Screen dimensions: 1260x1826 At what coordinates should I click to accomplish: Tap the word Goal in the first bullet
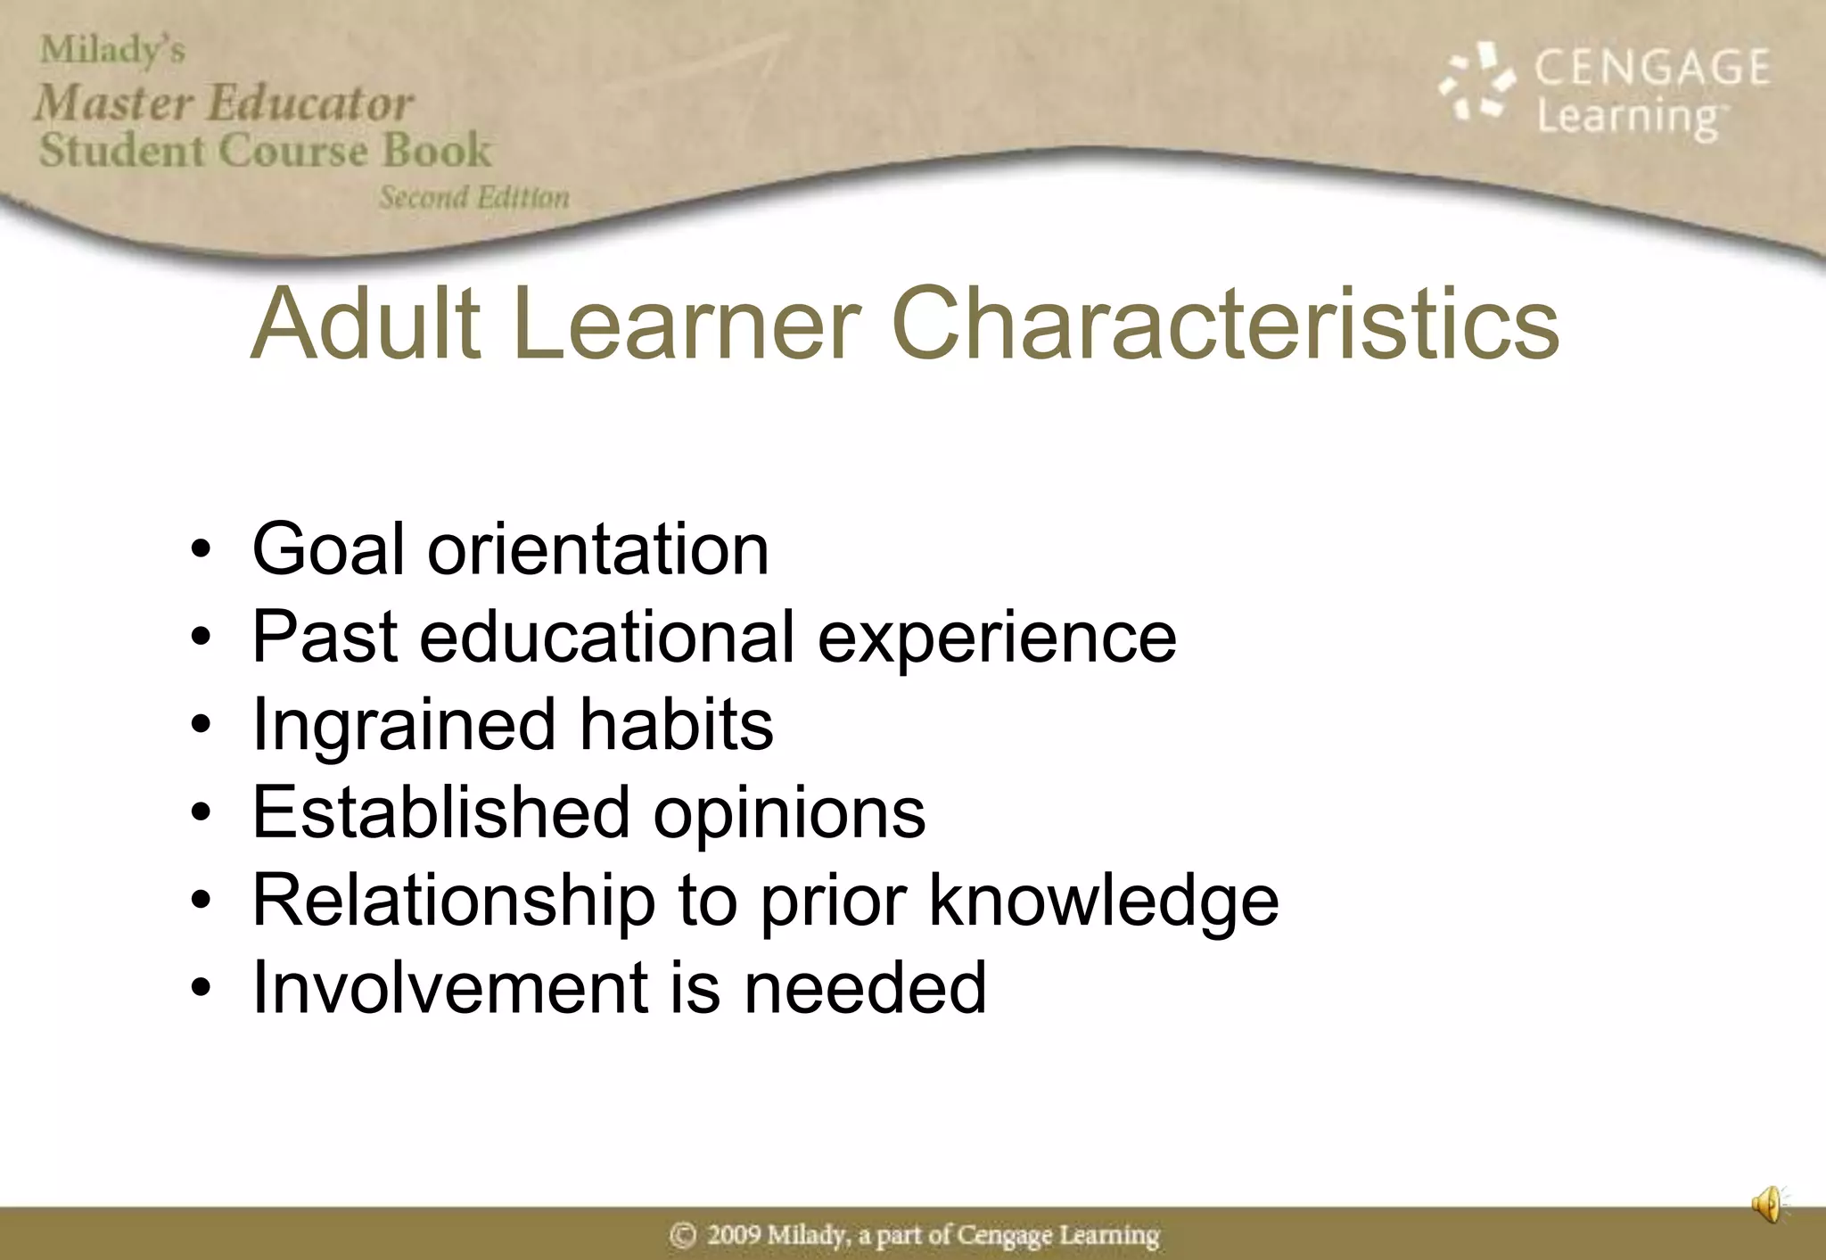(x=328, y=549)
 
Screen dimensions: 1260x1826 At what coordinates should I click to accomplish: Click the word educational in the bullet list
(x=606, y=637)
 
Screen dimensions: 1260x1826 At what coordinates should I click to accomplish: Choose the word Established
(x=441, y=812)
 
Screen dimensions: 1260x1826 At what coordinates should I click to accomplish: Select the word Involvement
(x=450, y=987)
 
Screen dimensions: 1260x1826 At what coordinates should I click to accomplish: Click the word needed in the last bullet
(x=865, y=987)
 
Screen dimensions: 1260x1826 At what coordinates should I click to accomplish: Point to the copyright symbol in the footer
(x=683, y=1235)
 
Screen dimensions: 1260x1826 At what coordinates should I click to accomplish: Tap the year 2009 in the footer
(x=734, y=1235)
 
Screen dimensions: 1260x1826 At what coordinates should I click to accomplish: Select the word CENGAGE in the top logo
(x=1651, y=68)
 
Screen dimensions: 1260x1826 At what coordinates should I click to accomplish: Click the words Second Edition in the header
(x=474, y=197)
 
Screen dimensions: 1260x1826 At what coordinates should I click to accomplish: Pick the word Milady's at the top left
(x=112, y=50)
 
